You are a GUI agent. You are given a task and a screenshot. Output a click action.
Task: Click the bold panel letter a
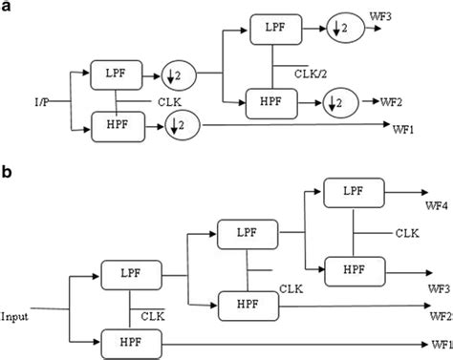click(8, 10)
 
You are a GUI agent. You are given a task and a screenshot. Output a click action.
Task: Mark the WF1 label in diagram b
click(440, 343)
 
